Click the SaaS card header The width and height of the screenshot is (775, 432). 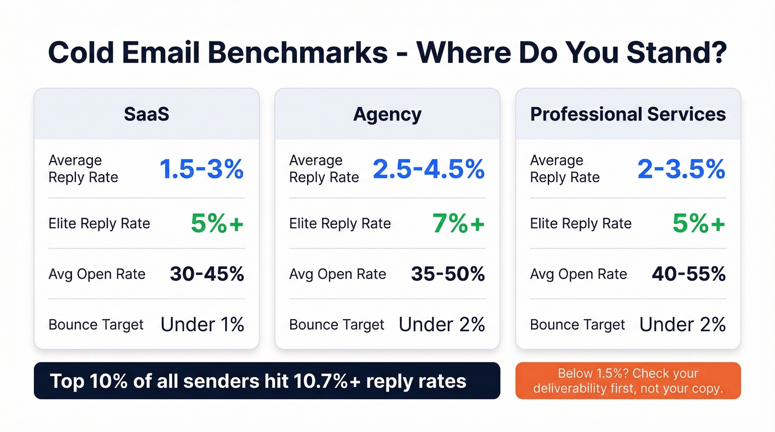point(146,114)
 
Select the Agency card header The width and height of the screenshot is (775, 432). point(387,114)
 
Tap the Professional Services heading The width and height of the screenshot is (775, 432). point(628,114)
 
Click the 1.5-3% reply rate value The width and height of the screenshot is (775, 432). point(201,169)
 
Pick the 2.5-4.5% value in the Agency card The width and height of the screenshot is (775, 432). point(428,169)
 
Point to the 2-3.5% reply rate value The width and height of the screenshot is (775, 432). point(681,169)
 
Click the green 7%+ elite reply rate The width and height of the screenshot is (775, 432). point(458,223)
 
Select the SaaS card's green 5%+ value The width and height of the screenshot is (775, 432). point(217,223)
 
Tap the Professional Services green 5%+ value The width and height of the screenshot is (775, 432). point(699,223)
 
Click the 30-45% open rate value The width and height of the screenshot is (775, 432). point(206,274)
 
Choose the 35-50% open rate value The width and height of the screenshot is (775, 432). point(447,274)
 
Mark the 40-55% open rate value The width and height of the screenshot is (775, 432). point(688,274)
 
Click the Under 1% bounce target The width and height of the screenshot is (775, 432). point(202,325)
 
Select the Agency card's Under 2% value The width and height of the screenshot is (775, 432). point(442,325)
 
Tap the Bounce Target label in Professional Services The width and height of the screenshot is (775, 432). point(577,325)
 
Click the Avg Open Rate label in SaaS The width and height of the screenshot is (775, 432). point(97,274)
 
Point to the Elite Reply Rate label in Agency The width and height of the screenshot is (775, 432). point(340,223)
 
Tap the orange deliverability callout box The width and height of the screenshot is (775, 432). point(628,381)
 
